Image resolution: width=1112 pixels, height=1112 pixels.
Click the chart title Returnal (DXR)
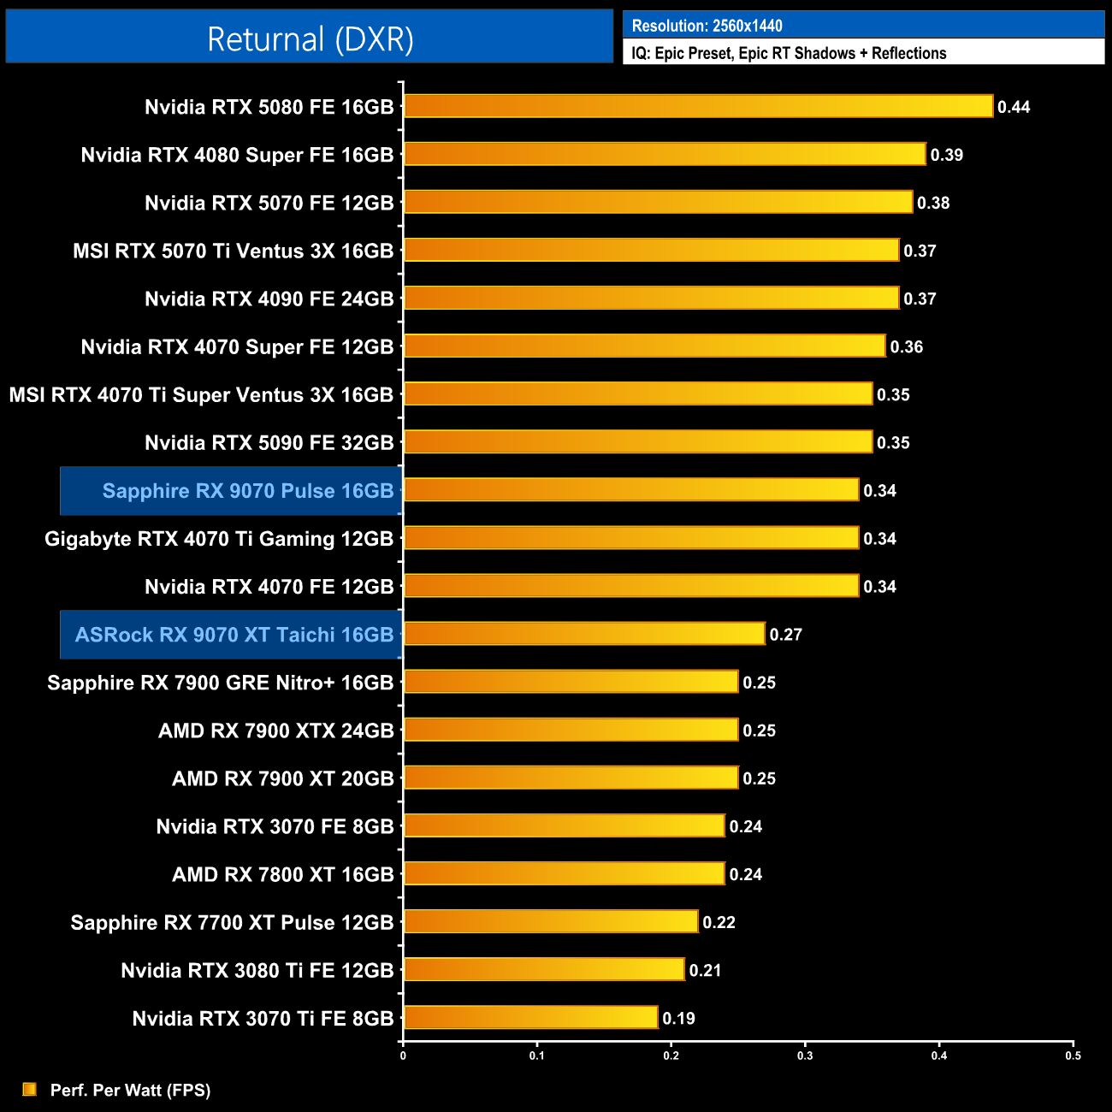coord(310,39)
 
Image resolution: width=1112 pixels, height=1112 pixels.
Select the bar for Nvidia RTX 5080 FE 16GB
coord(697,106)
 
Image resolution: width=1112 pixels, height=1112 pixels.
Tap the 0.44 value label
coord(1014,107)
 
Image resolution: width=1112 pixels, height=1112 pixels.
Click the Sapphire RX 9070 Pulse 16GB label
coord(247,491)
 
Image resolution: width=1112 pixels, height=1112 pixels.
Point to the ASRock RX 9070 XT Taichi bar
coord(583,634)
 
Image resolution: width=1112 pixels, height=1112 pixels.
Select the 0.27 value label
coord(785,635)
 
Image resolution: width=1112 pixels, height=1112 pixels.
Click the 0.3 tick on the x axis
coord(805,1056)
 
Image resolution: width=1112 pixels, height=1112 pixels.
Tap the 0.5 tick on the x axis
coord(1073,1056)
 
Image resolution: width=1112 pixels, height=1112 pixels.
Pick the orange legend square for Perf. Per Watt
coord(29,1089)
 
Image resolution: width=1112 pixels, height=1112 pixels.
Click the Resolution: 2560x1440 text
coord(707,26)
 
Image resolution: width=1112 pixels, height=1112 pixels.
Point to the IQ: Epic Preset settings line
coord(789,53)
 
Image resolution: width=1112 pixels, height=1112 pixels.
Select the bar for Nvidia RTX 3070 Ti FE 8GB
coord(530,1017)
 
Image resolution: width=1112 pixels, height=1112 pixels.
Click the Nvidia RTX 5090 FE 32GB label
coord(269,443)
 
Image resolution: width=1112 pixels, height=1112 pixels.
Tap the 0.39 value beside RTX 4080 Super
coord(946,155)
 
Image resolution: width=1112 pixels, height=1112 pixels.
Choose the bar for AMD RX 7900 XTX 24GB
coord(571,730)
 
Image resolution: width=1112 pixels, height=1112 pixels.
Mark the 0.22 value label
coord(719,922)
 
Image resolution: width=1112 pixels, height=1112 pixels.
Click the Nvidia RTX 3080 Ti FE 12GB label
coord(257,971)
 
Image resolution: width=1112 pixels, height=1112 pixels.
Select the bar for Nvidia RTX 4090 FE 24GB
coord(651,298)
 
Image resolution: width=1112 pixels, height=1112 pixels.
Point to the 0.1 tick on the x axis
coord(536,1056)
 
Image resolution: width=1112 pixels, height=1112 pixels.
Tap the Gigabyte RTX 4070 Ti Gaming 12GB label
coord(219,539)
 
